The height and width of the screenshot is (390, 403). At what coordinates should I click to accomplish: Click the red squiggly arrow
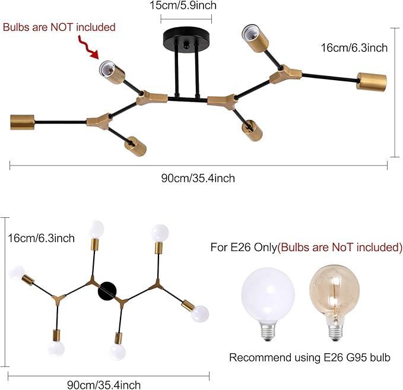click(88, 47)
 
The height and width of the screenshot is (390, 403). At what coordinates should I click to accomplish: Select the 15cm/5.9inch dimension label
click(183, 5)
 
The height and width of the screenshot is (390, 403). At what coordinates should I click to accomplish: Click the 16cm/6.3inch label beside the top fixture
click(354, 48)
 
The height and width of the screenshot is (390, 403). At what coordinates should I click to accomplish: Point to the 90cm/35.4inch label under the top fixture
click(198, 178)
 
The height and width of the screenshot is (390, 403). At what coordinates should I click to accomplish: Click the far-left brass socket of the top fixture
click(22, 122)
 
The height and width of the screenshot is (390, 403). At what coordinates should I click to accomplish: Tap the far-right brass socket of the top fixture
click(372, 82)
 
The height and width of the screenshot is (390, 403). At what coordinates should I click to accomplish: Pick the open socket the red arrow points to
click(112, 72)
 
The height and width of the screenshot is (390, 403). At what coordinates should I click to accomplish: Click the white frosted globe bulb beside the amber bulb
click(268, 303)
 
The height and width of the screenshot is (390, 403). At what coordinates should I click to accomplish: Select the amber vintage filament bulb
click(334, 303)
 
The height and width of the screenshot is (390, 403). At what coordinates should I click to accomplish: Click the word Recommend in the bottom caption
click(260, 357)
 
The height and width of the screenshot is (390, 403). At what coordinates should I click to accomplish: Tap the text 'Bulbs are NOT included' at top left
click(59, 27)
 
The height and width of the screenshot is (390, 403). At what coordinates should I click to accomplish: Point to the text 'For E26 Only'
click(244, 247)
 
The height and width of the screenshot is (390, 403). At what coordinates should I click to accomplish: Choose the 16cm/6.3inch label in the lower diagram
click(41, 238)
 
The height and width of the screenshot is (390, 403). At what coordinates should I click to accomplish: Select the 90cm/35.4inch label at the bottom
click(104, 385)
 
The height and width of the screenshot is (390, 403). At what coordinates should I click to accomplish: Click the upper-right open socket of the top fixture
click(255, 39)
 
